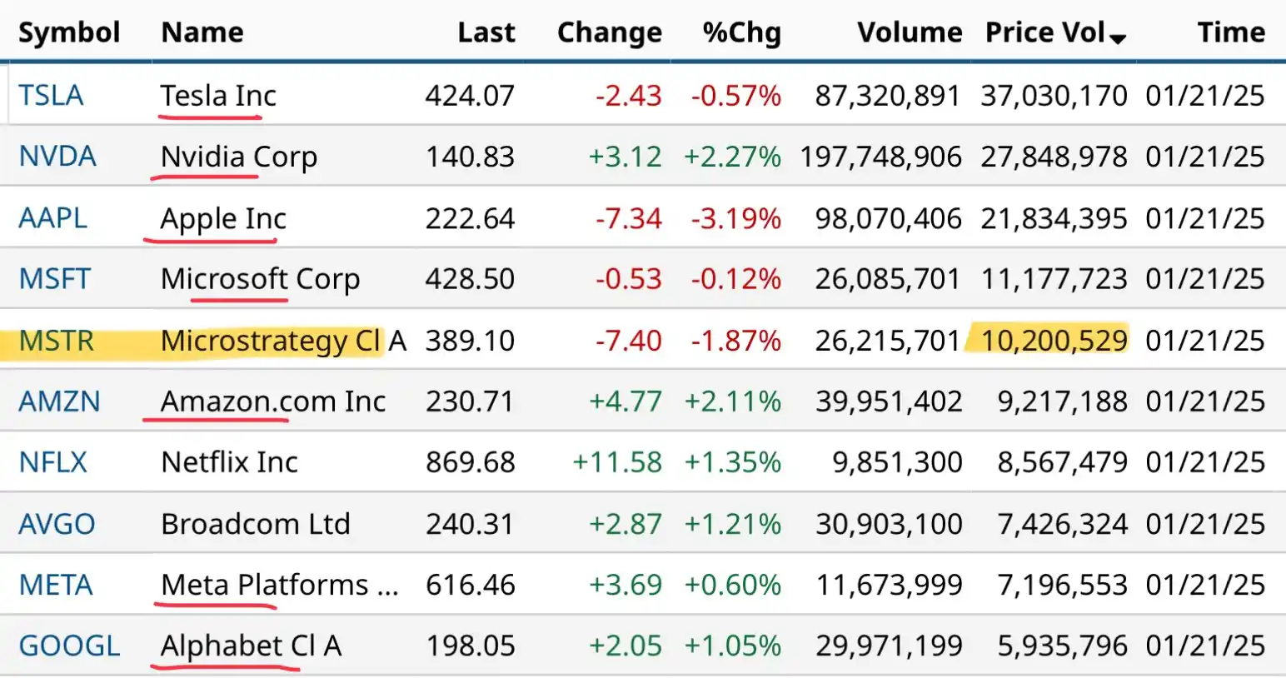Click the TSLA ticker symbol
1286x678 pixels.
51,96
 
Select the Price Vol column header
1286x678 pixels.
1044,32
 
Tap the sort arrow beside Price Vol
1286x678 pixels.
1118,38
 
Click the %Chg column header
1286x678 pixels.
741,32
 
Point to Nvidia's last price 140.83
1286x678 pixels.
470,157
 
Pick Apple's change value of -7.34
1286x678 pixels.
628,218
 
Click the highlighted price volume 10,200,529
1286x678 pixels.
1054,341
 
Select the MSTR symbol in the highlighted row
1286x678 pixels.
57,341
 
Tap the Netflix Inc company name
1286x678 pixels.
229,462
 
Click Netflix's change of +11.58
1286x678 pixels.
617,462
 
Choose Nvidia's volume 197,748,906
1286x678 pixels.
880,157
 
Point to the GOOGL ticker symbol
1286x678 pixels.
69,646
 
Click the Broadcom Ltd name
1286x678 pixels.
256,524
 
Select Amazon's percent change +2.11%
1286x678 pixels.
732,401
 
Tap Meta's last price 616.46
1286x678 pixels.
470,585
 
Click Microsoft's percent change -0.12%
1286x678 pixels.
735,279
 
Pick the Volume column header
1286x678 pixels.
910,32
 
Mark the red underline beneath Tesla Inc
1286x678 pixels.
210,117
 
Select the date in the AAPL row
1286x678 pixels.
1204,218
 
